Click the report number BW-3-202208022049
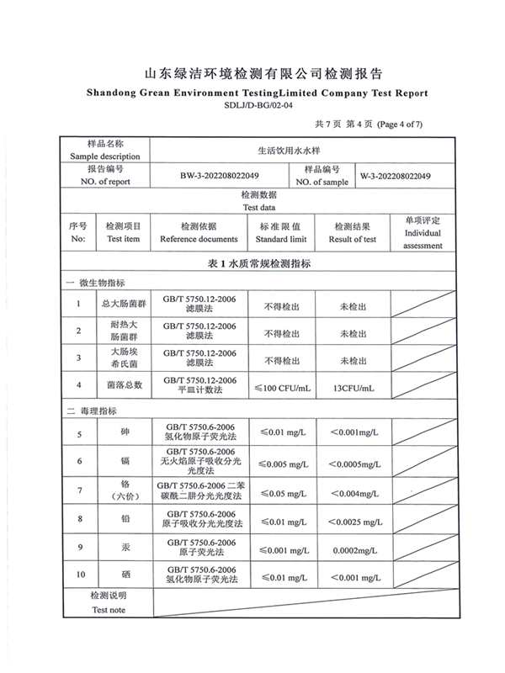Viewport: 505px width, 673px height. click(219, 176)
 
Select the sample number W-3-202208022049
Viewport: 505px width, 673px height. click(396, 176)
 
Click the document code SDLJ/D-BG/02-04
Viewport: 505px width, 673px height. click(252, 106)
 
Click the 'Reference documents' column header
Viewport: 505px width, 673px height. click(199, 239)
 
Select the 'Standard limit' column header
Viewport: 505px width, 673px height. click(281, 239)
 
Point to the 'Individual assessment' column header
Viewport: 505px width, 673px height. click(423, 239)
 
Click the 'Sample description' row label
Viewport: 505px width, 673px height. click(105, 156)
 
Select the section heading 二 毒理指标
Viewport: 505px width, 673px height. click(92, 411)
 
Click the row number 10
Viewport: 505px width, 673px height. click(80, 575)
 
